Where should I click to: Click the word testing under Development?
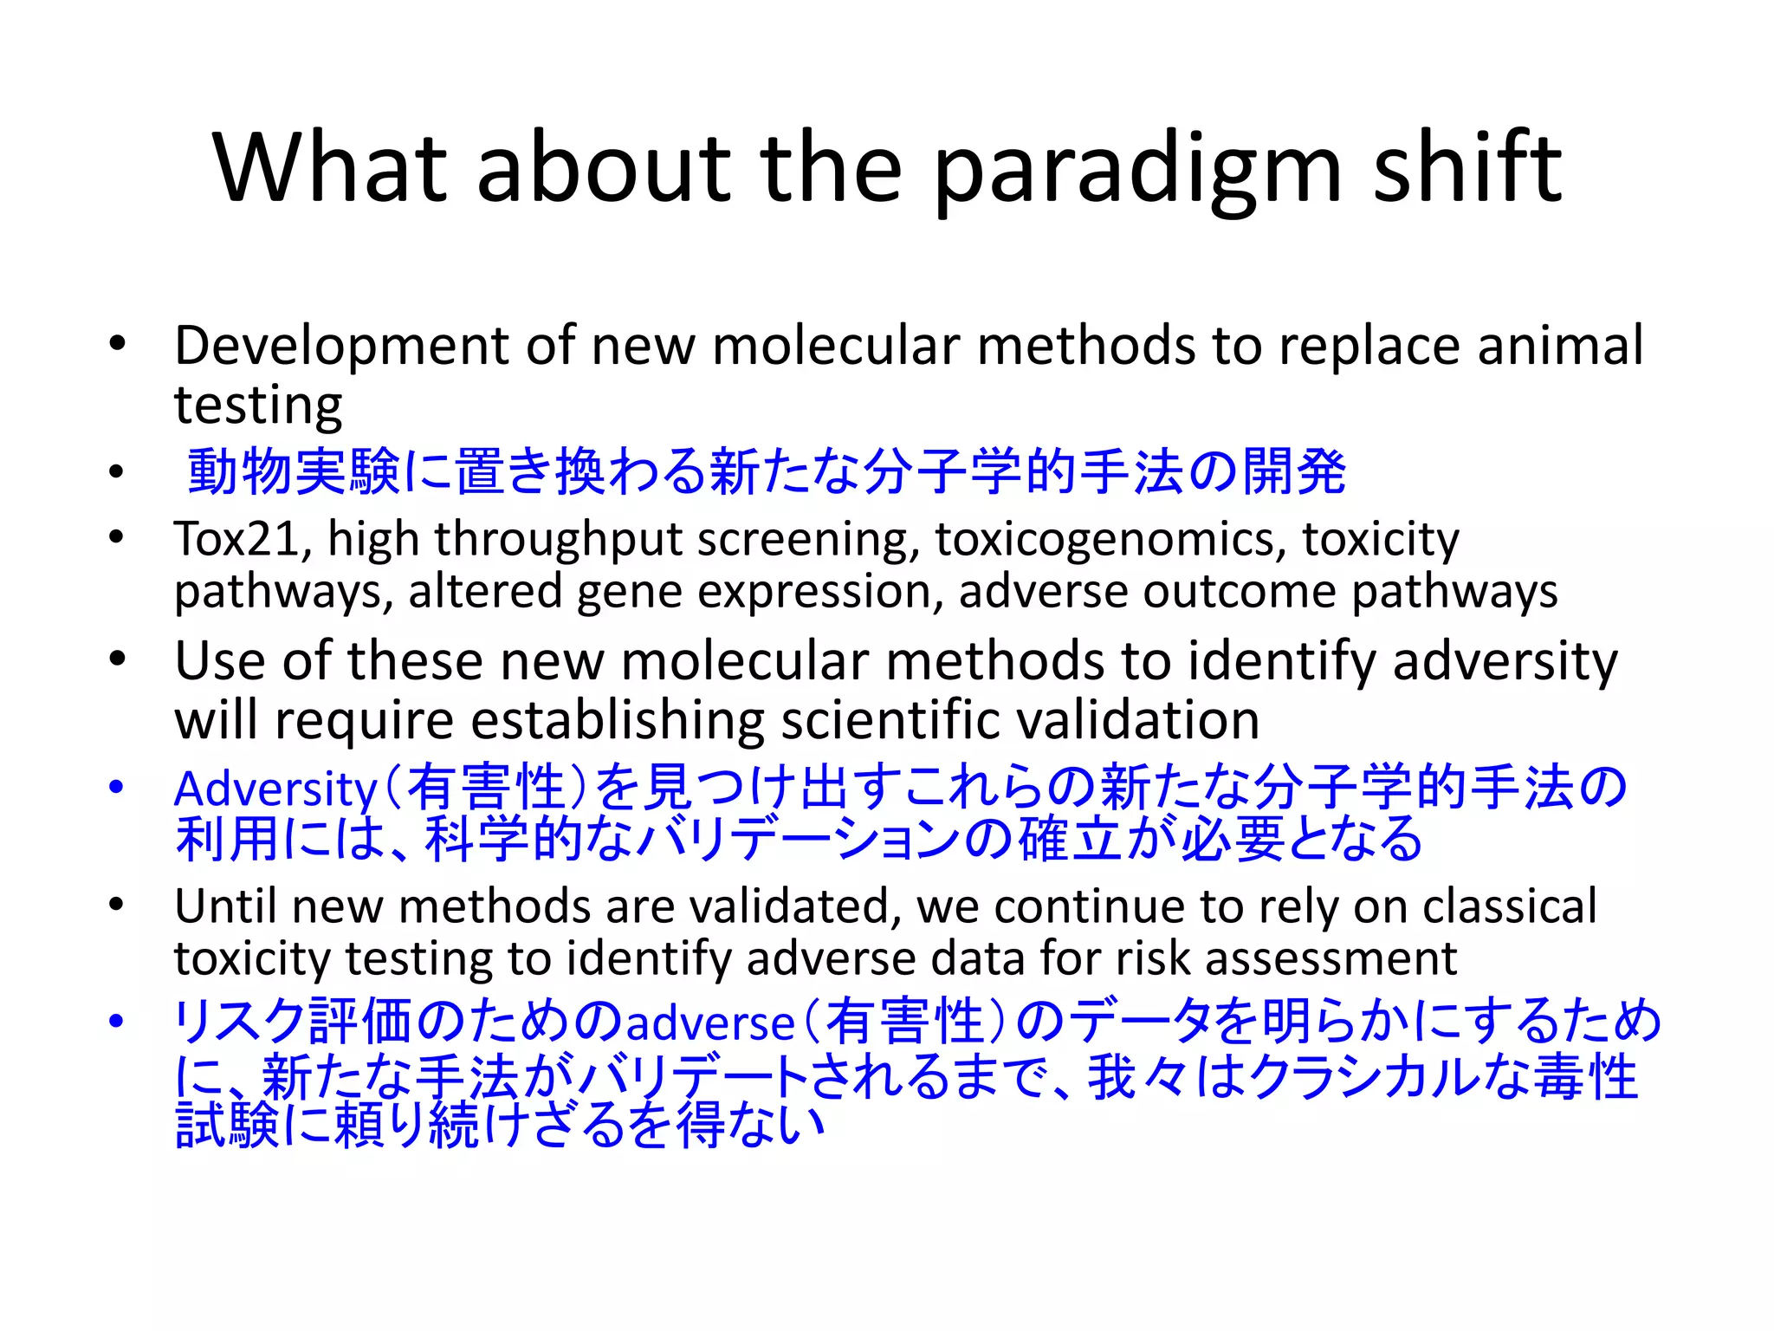point(258,406)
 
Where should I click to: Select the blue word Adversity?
point(275,790)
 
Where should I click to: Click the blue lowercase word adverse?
point(709,1023)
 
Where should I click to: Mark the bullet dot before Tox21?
point(117,537)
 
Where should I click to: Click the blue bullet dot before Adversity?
point(117,787)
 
